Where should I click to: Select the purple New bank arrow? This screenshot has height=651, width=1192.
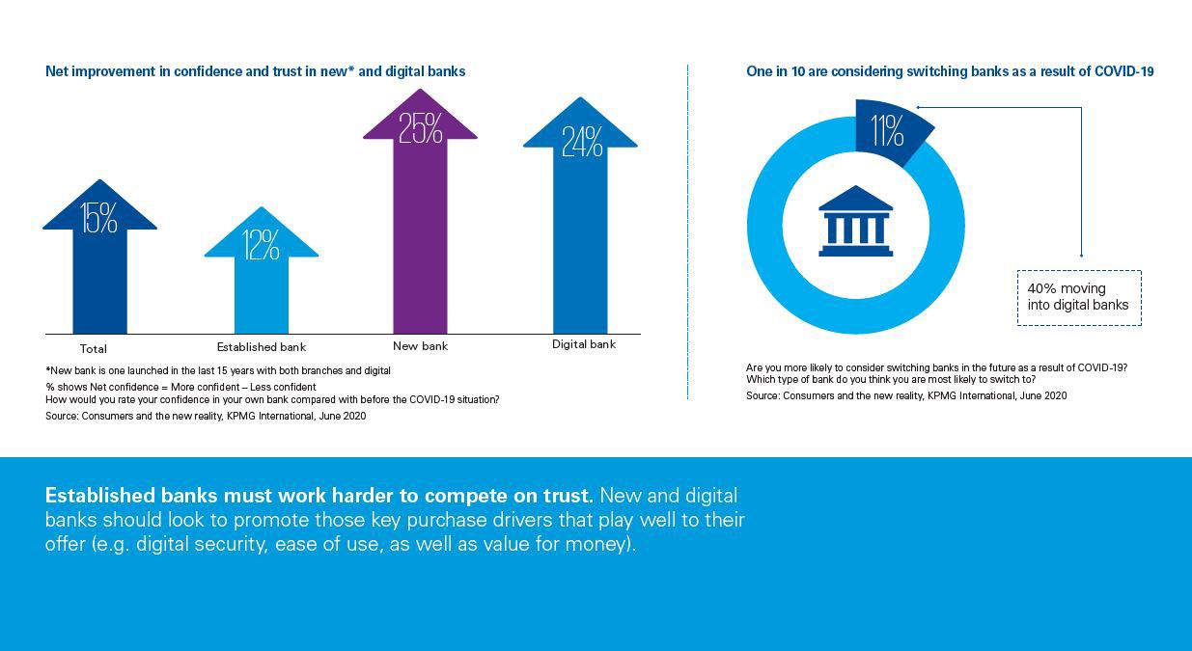(420, 241)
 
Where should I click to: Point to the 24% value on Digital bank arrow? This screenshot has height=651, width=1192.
(582, 142)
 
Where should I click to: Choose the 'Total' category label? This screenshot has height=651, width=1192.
(93, 349)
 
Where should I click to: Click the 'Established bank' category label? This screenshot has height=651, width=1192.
(261, 347)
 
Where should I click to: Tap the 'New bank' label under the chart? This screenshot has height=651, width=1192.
(420, 345)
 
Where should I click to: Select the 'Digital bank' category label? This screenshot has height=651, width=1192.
(583, 344)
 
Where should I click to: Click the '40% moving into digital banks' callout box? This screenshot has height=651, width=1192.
(1078, 297)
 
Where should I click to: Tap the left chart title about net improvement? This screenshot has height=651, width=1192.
(255, 71)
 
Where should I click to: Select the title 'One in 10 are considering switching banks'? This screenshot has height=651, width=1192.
(950, 71)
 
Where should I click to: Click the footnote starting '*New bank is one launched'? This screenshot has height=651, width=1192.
(217, 370)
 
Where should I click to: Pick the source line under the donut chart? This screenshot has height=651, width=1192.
(906, 395)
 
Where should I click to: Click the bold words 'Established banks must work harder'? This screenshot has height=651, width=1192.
(319, 496)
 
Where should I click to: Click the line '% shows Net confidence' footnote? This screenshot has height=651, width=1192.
(180, 387)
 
